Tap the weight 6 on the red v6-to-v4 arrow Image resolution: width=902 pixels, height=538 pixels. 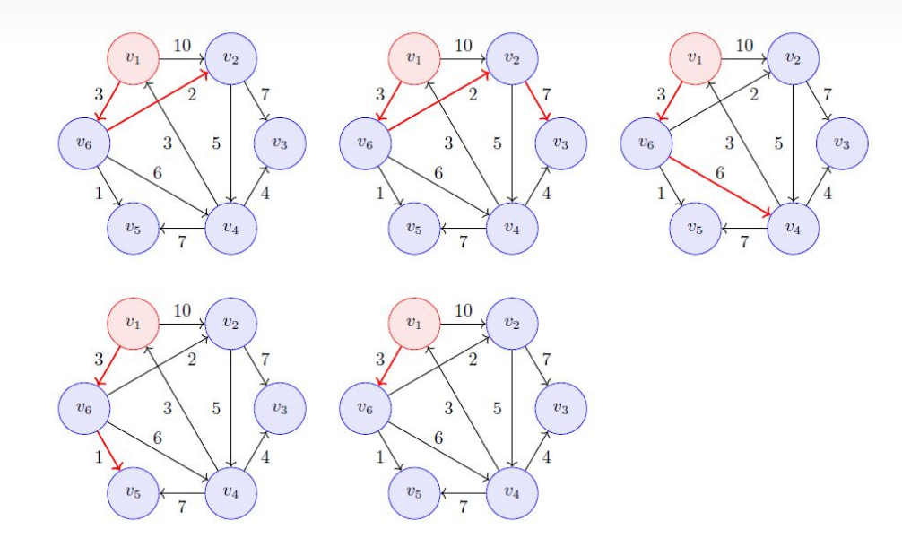(x=720, y=172)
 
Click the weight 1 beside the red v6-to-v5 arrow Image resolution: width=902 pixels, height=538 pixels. (x=97, y=456)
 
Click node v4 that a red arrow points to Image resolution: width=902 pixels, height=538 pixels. (x=793, y=228)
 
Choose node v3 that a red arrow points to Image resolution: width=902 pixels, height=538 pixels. (x=561, y=143)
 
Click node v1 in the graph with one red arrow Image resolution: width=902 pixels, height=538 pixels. (x=413, y=323)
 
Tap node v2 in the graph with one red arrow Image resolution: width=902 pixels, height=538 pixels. (x=512, y=323)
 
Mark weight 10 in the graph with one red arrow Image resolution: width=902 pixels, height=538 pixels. (x=464, y=310)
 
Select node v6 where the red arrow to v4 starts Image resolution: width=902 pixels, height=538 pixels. (x=646, y=143)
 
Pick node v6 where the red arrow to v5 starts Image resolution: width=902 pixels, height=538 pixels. (x=83, y=408)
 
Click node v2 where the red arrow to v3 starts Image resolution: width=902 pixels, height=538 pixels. (x=512, y=58)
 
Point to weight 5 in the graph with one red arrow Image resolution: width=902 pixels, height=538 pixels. (x=497, y=408)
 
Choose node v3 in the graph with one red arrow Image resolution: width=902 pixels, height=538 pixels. (x=561, y=408)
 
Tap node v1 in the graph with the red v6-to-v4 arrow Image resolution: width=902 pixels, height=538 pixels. (x=695, y=58)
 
